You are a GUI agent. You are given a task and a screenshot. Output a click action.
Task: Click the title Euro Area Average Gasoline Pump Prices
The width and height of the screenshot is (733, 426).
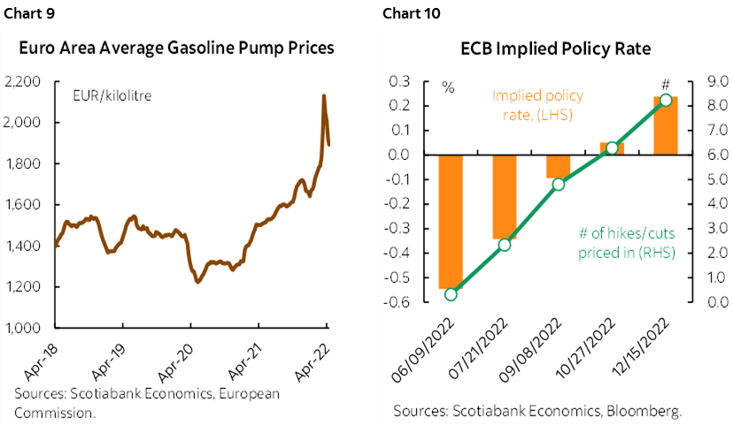click(x=181, y=48)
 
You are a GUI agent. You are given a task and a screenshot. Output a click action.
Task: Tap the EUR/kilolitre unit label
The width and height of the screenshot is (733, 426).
click(x=112, y=92)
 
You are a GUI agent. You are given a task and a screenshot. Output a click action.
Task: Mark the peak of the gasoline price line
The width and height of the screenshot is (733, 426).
click(x=323, y=95)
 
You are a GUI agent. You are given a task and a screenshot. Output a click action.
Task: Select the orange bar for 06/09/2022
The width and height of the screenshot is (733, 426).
click(x=451, y=222)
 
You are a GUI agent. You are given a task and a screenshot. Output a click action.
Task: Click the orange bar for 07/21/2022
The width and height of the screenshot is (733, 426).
click(x=505, y=197)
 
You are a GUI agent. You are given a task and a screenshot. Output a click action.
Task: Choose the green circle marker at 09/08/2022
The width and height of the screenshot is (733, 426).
click(x=558, y=185)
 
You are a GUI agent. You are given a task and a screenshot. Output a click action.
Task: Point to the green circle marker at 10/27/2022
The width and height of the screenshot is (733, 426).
click(x=612, y=148)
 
